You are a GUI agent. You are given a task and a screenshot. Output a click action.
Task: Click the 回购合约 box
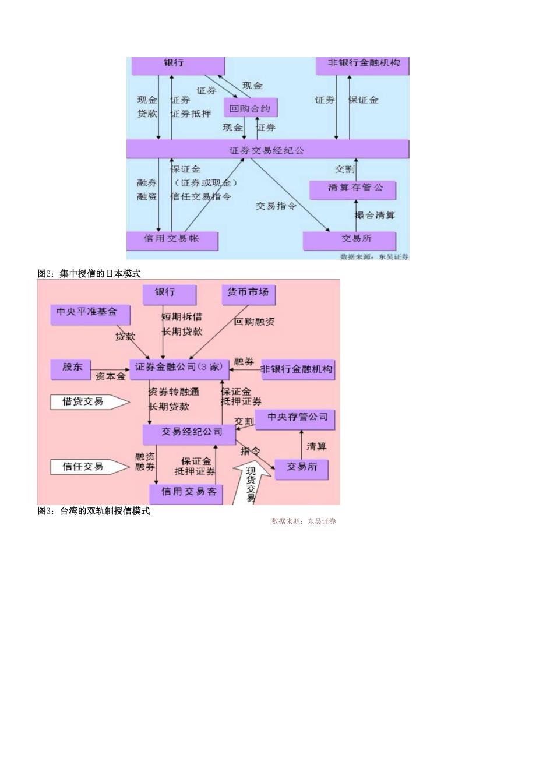251,108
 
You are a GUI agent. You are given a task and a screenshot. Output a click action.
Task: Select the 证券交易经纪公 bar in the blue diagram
267,150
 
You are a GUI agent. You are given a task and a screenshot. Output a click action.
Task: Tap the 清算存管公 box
353,189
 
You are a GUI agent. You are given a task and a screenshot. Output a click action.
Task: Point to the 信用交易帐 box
172,240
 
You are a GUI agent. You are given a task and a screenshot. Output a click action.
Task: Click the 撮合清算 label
375,216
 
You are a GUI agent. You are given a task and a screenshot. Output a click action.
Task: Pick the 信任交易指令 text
201,196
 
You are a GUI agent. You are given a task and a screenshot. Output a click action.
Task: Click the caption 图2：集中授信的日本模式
89,273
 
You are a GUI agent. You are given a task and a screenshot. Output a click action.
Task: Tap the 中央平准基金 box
90,314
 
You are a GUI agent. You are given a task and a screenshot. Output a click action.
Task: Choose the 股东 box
73,368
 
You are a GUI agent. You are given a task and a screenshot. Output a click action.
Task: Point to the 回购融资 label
255,322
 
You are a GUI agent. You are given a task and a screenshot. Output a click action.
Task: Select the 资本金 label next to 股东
110,376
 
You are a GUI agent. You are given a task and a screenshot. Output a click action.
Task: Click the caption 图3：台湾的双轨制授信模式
94,511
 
